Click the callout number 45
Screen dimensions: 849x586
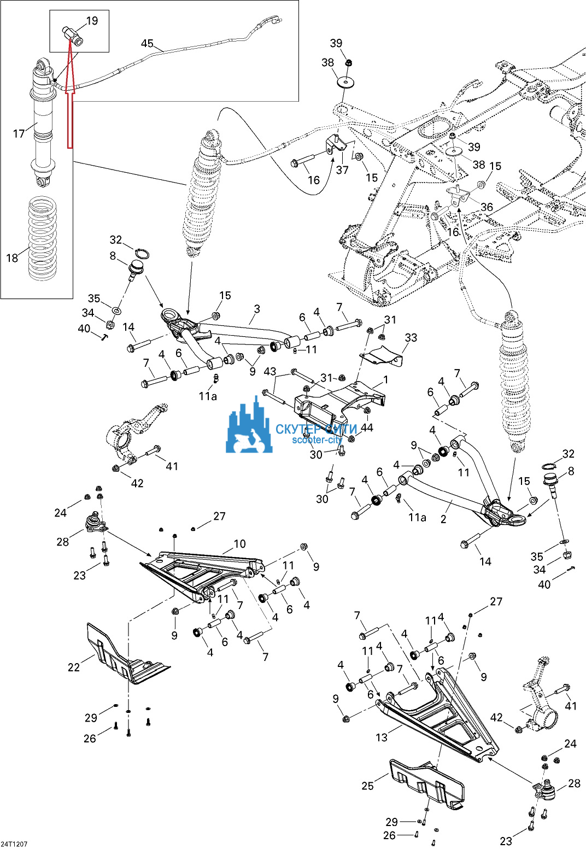click(147, 43)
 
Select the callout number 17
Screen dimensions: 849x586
click(19, 133)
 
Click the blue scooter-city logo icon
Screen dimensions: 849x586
click(249, 429)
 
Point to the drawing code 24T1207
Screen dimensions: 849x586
click(14, 844)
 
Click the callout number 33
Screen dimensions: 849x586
click(411, 337)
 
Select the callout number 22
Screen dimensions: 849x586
click(74, 666)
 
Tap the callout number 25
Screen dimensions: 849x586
click(367, 786)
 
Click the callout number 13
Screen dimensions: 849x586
click(382, 737)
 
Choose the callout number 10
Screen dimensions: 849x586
click(239, 543)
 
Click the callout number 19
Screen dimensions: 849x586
click(92, 21)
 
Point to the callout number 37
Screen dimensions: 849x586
click(342, 170)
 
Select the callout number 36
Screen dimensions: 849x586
click(487, 207)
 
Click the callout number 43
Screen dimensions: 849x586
click(270, 371)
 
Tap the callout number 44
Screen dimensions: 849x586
click(367, 428)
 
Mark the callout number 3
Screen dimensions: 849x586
click(257, 309)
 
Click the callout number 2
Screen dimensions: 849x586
click(443, 519)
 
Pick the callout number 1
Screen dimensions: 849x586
click(385, 379)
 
